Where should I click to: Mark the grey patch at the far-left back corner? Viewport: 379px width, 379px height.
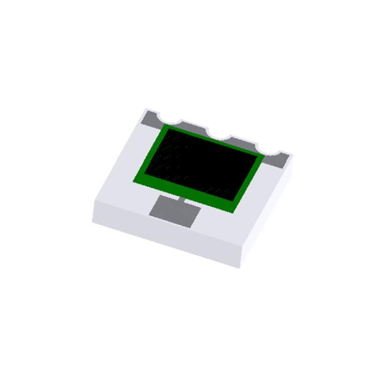150,118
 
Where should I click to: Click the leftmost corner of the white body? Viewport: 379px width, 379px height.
93,220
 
